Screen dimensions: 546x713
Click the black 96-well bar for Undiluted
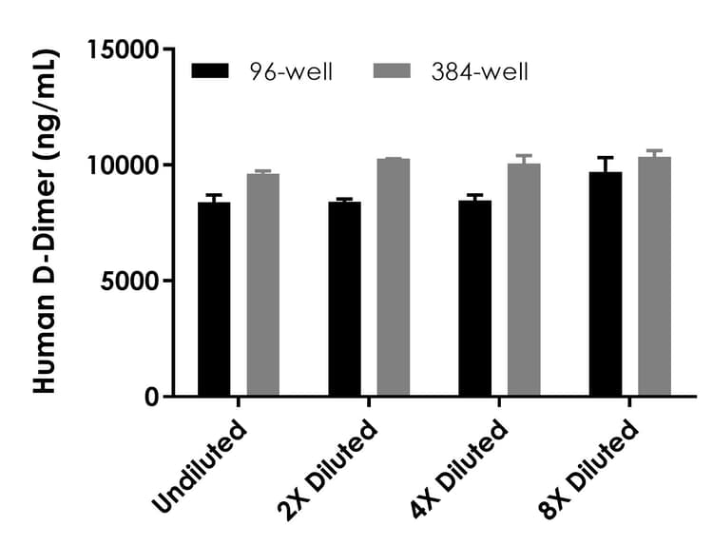pyautogui.click(x=214, y=299)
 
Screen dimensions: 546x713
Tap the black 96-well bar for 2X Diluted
pyautogui.click(x=344, y=299)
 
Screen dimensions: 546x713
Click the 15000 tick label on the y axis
pyautogui.click(x=125, y=49)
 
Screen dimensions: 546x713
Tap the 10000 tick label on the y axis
pyautogui.click(x=125, y=166)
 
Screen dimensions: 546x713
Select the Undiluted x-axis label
pyautogui.click(x=202, y=465)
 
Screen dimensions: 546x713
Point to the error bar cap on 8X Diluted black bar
pyautogui.click(x=606, y=158)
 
